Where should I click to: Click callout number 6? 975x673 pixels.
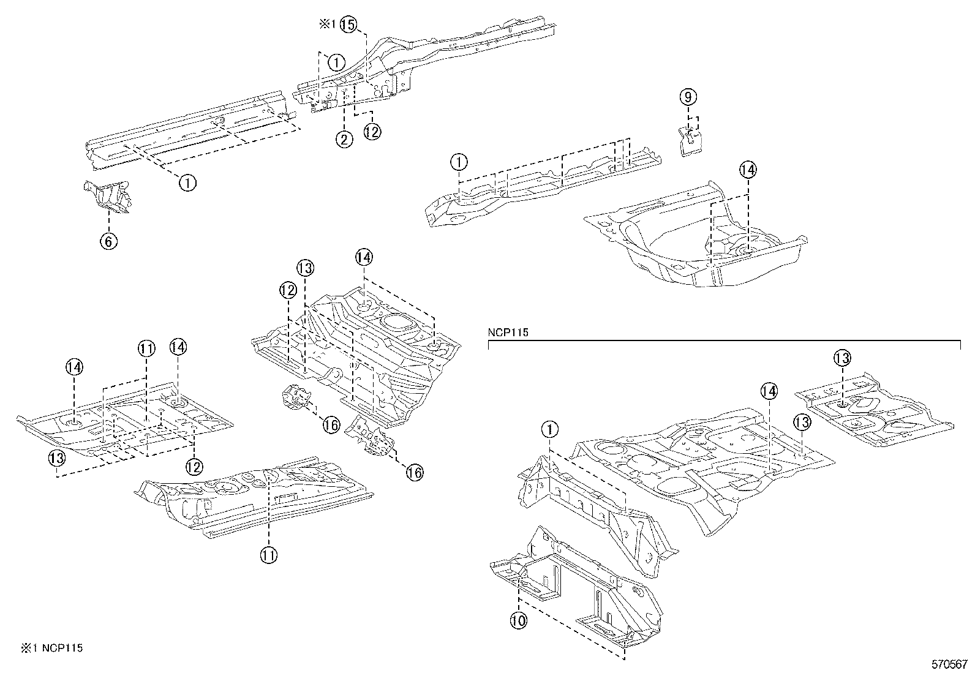[x=108, y=241]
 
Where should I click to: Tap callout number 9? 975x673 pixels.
[x=688, y=97]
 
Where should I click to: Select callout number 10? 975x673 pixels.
[x=518, y=620]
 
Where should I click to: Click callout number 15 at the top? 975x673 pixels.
[x=347, y=24]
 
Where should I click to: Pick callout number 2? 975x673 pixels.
[x=344, y=139]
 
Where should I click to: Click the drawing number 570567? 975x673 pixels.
[x=949, y=664]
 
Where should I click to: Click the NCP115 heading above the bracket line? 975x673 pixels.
[x=508, y=333]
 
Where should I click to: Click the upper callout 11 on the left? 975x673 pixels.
[x=146, y=349]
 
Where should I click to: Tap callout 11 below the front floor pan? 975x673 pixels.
[x=268, y=555]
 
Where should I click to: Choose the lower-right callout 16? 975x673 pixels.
[x=414, y=472]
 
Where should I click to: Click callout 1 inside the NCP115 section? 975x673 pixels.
[x=550, y=430]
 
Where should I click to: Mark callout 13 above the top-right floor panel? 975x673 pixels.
[x=842, y=358]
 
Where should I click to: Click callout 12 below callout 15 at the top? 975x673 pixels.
[x=372, y=131]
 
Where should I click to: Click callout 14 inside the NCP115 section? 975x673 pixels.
[x=769, y=391]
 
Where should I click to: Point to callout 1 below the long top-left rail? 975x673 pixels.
[x=187, y=182]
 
